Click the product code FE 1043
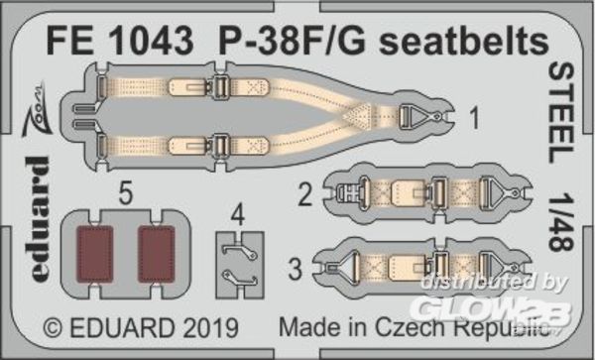point(120,41)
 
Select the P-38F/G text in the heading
point(293,41)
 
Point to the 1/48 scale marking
point(561,222)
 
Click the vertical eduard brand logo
point(38,218)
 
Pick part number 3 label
point(296,269)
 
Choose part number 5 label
point(125,194)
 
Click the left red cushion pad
point(95,254)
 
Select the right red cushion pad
point(157,254)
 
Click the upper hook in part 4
point(240,250)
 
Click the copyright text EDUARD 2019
point(141,327)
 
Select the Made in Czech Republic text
point(415,326)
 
